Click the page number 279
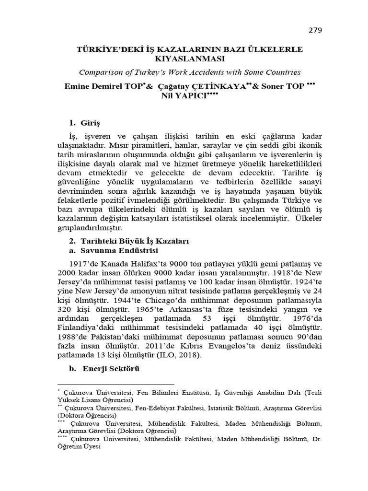point(314,30)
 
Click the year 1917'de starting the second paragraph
point(84,264)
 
